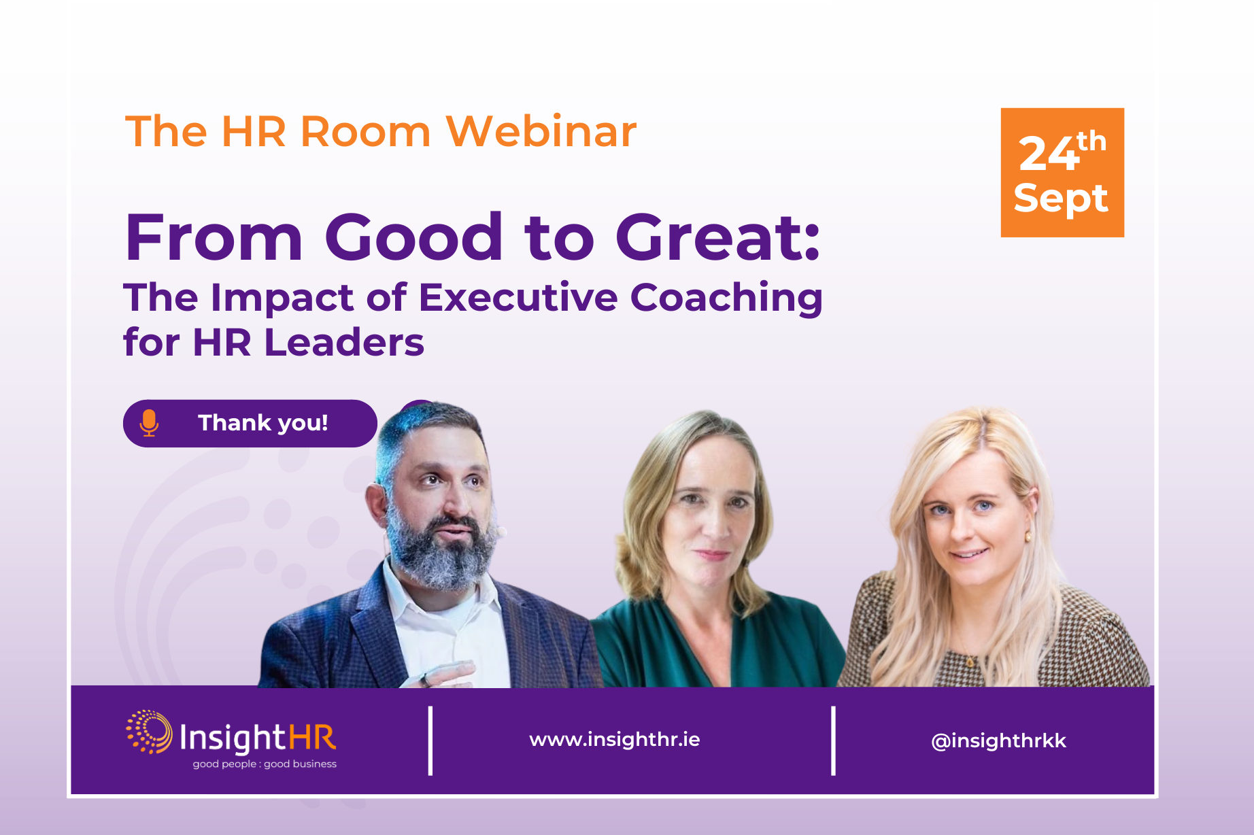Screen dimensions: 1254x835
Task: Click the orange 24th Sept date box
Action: tap(1062, 173)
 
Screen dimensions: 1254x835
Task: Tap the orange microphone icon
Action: tap(149, 423)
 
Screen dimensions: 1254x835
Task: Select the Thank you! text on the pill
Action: tap(263, 423)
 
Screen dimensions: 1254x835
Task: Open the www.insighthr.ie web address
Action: tap(615, 739)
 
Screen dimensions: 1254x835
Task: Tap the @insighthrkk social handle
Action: tap(998, 740)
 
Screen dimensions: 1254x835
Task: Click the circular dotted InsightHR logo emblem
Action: tap(149, 732)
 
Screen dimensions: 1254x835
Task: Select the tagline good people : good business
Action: tap(265, 764)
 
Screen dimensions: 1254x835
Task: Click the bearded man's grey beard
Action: tap(441, 551)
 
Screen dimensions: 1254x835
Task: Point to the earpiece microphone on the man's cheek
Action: tap(501, 531)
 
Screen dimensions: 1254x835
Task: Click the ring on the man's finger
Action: tap(424, 679)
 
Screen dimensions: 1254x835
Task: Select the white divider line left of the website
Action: tap(430, 740)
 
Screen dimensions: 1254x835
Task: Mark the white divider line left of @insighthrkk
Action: tap(833, 740)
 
